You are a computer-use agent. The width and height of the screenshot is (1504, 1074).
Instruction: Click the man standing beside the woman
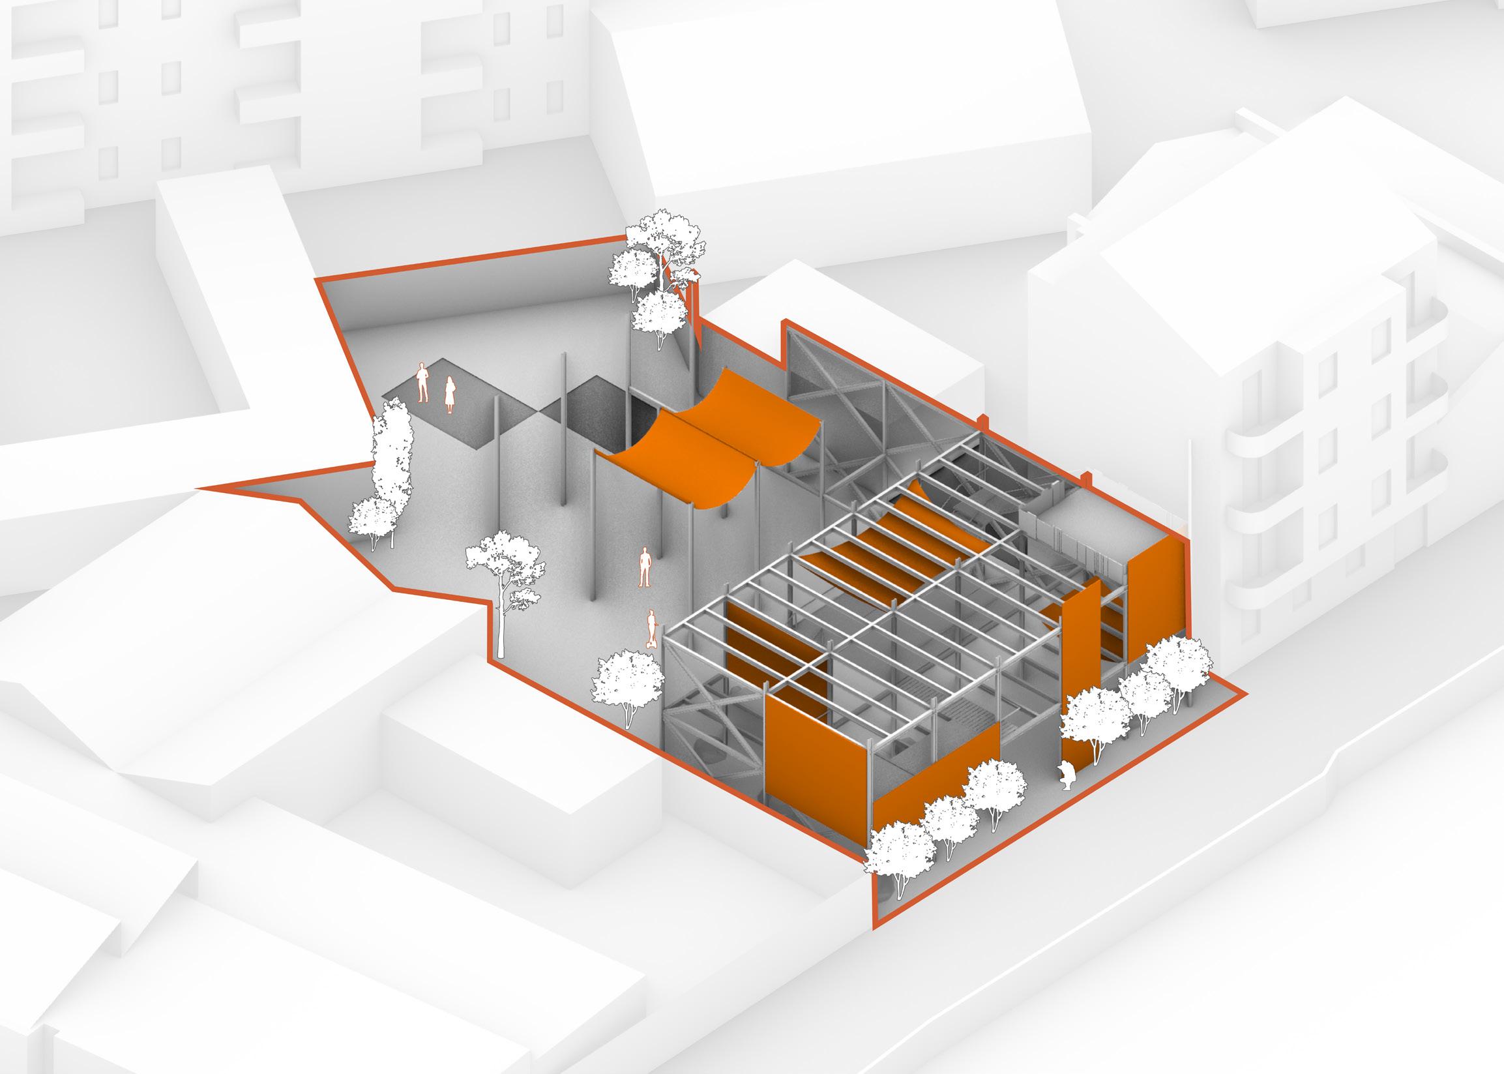422,382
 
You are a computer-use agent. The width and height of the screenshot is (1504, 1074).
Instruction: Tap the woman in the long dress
450,395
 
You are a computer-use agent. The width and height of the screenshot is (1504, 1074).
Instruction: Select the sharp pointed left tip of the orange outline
201,488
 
